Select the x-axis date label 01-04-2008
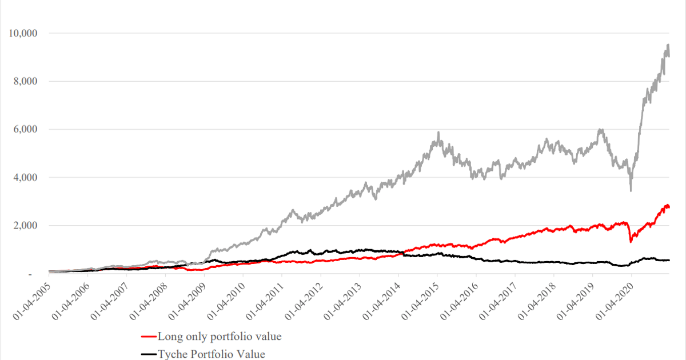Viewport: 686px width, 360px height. pyautogui.click(x=147, y=298)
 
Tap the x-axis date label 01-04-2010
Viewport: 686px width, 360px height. pyautogui.click(x=225, y=298)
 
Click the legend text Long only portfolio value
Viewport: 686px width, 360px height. pyautogui.click(x=220, y=337)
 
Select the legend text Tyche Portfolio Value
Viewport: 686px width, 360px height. pyautogui.click(x=212, y=354)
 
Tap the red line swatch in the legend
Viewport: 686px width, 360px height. pyautogui.click(x=149, y=337)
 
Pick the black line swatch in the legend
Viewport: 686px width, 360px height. pyautogui.click(x=149, y=354)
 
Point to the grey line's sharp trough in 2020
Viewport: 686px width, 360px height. pyautogui.click(x=631, y=190)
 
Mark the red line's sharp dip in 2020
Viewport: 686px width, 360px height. pyautogui.click(x=631, y=242)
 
